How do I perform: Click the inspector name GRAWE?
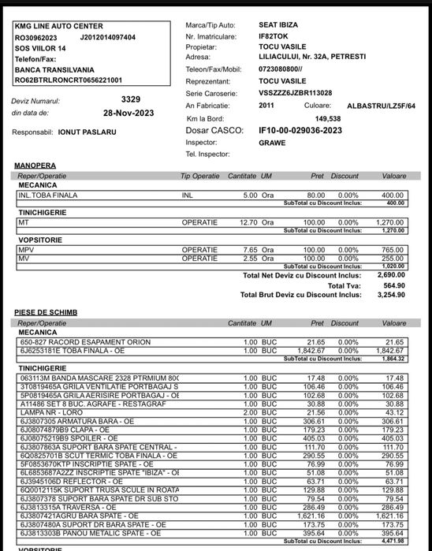272,143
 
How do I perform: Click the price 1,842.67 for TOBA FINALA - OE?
312,350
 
